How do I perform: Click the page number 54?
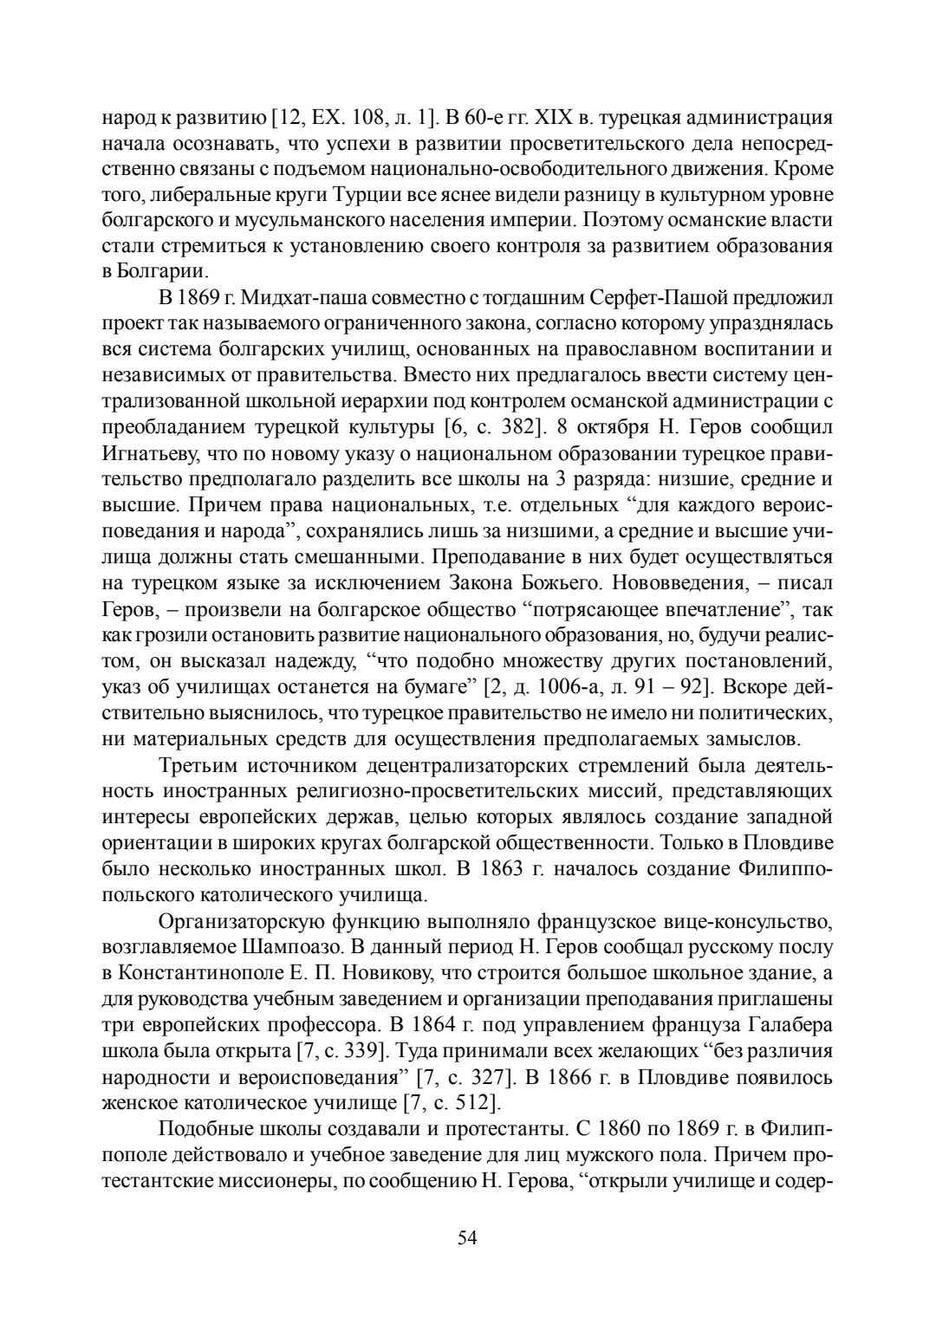click(x=467, y=1237)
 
